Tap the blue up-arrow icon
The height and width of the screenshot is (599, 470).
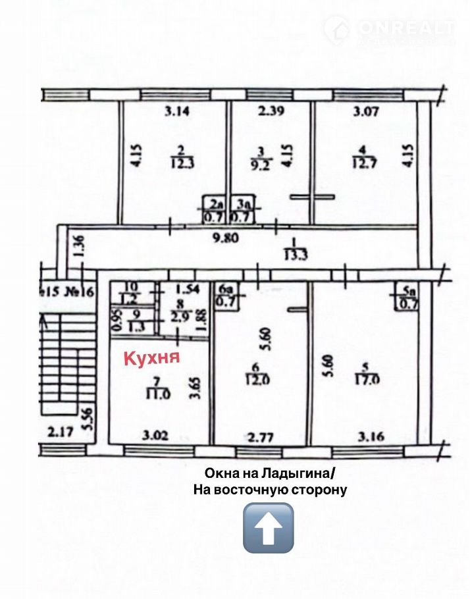[x=268, y=527]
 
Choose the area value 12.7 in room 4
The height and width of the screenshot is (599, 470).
[x=363, y=162]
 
